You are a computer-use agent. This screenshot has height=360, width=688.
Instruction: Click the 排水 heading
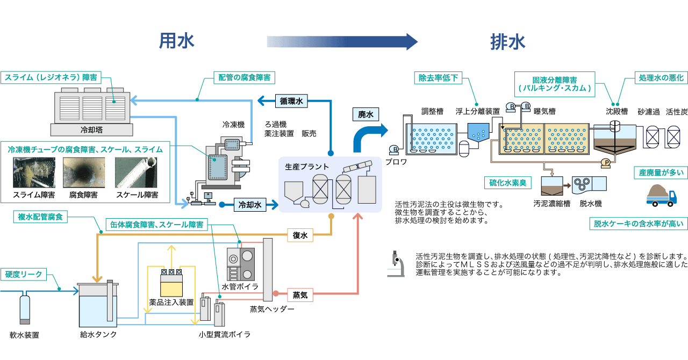click(507, 42)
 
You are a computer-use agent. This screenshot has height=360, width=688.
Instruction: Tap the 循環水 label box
click(291, 101)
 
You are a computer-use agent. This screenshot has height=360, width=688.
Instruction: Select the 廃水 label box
click(365, 114)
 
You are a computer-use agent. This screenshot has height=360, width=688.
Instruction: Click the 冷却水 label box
click(250, 205)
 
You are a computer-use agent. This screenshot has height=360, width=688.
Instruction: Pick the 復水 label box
click(299, 235)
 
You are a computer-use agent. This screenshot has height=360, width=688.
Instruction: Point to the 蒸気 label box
click(299, 295)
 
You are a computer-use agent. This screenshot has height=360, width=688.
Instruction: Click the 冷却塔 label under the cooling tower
click(91, 129)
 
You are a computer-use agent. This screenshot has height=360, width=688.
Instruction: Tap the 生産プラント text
click(306, 167)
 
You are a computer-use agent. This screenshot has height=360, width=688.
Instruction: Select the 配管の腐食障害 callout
click(244, 78)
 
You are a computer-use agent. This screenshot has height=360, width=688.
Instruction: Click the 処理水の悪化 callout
click(661, 78)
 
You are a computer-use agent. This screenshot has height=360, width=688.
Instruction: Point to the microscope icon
click(396, 264)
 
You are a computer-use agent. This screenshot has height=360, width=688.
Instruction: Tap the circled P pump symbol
click(606, 162)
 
